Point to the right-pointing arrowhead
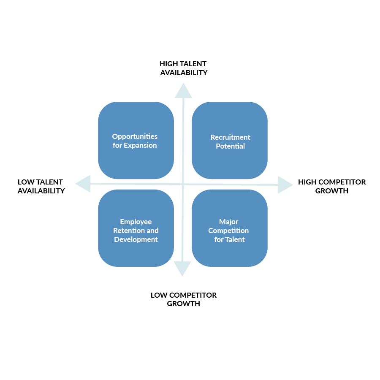285,185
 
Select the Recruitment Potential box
230,141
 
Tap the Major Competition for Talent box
230,228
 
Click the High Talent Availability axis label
183,68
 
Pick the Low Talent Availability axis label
41,186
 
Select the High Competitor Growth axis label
332,186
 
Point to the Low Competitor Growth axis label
184,299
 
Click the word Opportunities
135,136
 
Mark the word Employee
136,222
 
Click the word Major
229,222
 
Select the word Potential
230,146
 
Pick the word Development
136,239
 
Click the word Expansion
140,145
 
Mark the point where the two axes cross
183,184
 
